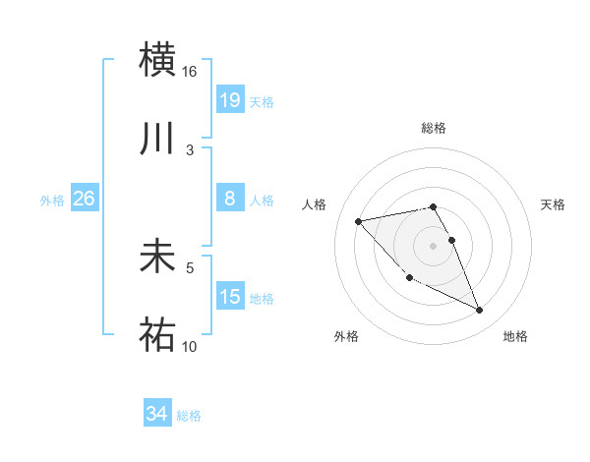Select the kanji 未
157,257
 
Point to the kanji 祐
157,335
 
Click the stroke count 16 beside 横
190,72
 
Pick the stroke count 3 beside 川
190,149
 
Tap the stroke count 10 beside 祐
190,346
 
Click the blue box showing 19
230,100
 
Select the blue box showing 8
230,199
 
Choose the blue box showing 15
230,297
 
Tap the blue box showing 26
84,199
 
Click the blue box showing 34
156,415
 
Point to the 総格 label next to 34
189,416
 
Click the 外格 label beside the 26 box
52,200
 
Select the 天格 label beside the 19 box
262,101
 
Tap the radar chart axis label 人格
314,204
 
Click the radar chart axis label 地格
515,336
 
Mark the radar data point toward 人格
358,220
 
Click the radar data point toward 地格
480,311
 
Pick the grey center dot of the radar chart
433,246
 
